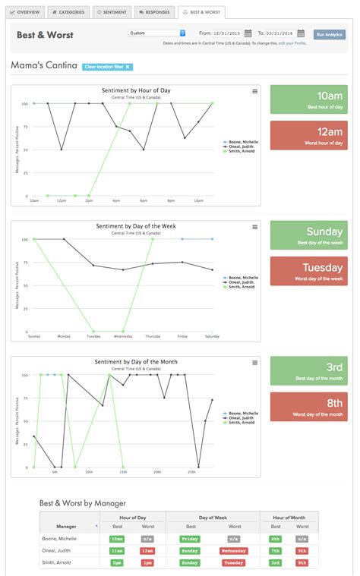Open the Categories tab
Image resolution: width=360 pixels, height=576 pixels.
69,13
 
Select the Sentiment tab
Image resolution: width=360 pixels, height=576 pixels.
112,13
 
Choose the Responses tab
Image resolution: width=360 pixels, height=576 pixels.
154,13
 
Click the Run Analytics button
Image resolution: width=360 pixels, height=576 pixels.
329,34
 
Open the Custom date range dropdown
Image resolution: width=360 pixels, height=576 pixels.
156,33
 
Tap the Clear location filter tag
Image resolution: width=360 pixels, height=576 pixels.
108,67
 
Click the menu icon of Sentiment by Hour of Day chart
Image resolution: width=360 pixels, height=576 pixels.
254,91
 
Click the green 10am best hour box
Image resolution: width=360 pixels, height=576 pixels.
308,99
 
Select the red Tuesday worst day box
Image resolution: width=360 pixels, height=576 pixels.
308,271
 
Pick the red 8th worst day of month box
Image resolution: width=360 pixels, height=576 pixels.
308,407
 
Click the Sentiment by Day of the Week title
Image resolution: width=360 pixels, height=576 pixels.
136,226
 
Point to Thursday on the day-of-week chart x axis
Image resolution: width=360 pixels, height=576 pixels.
153,335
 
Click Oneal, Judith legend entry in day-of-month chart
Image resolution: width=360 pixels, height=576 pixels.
242,418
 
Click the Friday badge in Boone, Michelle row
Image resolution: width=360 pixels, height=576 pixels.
191,538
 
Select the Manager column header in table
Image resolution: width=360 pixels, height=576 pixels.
67,526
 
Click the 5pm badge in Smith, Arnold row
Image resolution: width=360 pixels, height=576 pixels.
116,562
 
